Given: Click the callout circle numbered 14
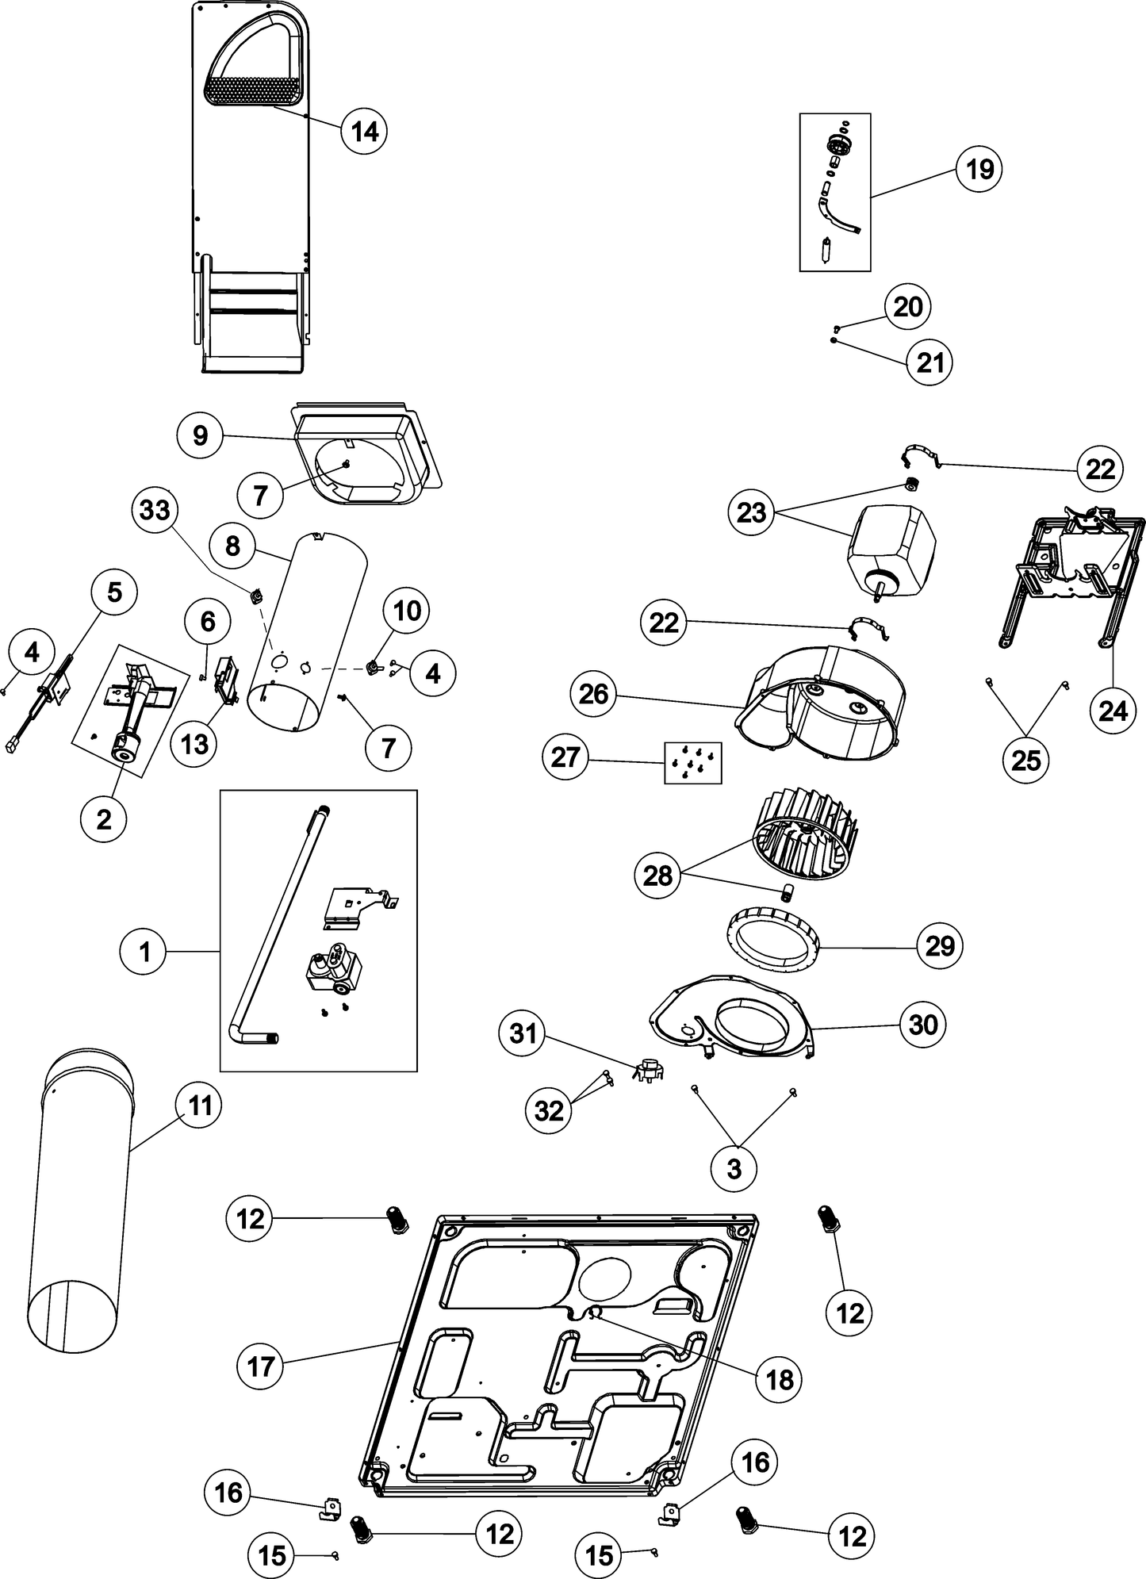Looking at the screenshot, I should click(364, 131).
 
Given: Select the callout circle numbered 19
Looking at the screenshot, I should click(979, 169).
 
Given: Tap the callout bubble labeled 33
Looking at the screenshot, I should click(155, 510).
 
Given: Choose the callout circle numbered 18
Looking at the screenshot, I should click(780, 1379).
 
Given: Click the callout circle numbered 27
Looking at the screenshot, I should click(565, 757).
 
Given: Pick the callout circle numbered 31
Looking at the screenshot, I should click(523, 1034).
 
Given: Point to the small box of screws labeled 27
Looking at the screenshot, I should click(692, 762).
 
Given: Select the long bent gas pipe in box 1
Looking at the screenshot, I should click(278, 928).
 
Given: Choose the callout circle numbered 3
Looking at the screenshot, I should click(734, 1167).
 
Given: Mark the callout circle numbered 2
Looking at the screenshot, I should click(104, 819).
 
